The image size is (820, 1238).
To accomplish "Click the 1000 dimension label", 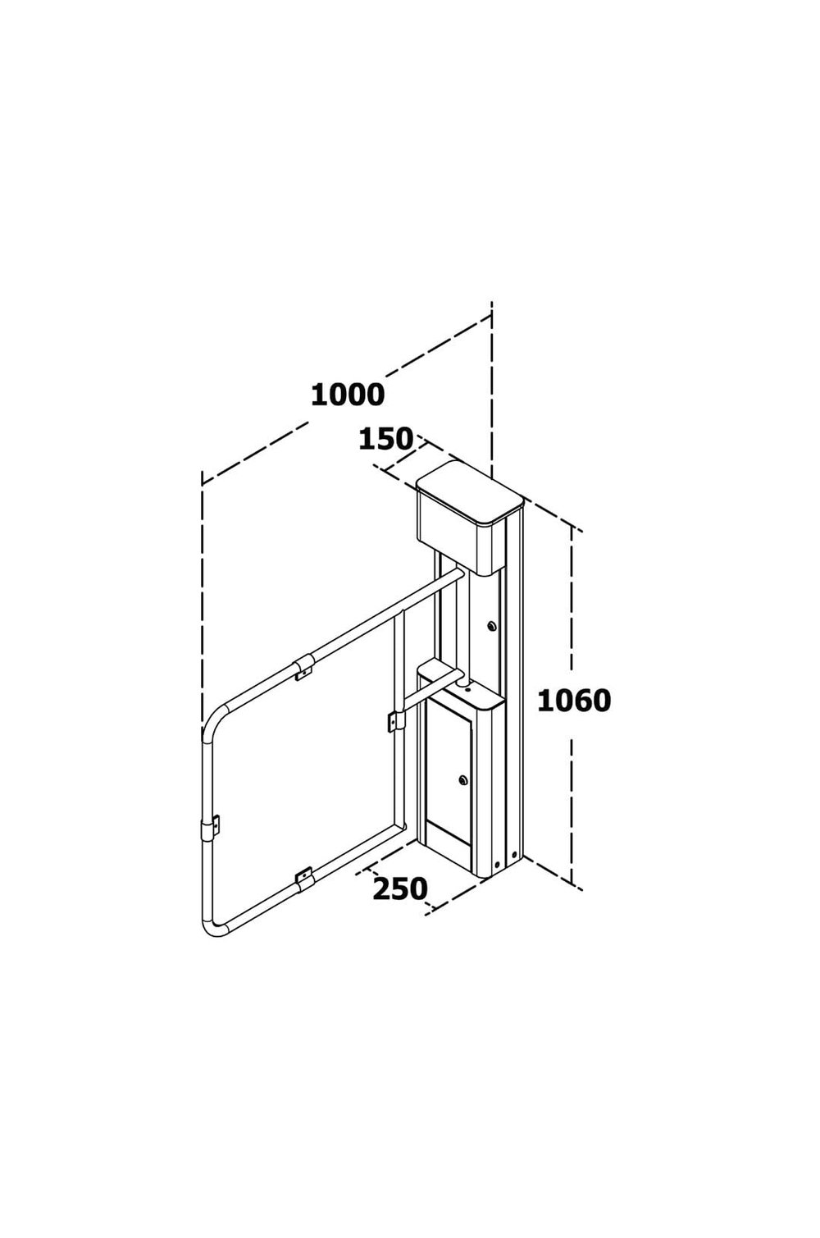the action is tap(348, 395).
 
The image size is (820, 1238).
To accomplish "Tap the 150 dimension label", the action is tap(385, 439).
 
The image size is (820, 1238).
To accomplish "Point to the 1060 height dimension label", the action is tap(574, 701).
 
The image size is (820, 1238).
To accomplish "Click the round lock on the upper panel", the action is tap(492, 626).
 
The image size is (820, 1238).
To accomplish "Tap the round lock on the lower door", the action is tap(463, 780).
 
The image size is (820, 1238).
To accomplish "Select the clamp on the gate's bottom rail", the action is tap(304, 878).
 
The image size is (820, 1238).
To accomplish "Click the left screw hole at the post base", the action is tap(498, 864).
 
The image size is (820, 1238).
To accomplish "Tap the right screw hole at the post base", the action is tap(514, 856).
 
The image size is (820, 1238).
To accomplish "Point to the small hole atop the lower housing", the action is tap(467, 689).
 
